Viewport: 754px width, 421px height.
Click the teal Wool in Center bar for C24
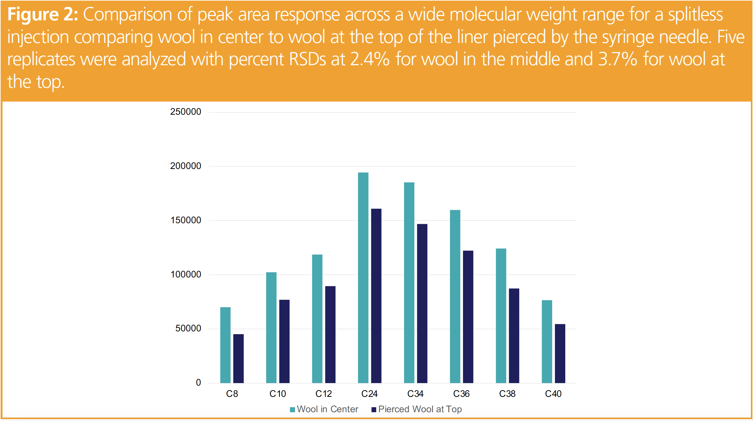point(363,277)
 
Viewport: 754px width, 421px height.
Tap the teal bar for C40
point(547,341)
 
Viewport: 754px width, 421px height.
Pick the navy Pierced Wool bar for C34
point(422,303)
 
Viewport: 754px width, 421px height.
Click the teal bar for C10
point(271,327)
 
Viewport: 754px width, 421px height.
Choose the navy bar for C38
point(514,335)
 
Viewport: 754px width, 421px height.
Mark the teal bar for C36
point(455,296)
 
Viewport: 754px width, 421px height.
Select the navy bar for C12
point(330,334)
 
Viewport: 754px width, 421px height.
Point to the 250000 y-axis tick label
point(186,112)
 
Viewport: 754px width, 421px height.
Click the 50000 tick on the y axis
point(188,329)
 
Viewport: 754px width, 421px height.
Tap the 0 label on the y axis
point(198,382)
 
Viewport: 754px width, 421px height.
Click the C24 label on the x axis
point(369,394)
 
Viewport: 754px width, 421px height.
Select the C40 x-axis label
point(553,394)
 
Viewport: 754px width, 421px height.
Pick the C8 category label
point(232,394)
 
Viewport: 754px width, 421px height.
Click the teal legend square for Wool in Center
point(293,410)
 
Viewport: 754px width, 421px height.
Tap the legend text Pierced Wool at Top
point(420,409)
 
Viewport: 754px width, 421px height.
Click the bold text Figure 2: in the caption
point(43,14)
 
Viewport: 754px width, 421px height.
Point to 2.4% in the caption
point(370,59)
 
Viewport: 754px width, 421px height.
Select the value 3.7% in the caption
point(618,59)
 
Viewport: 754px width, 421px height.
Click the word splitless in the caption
point(695,14)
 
